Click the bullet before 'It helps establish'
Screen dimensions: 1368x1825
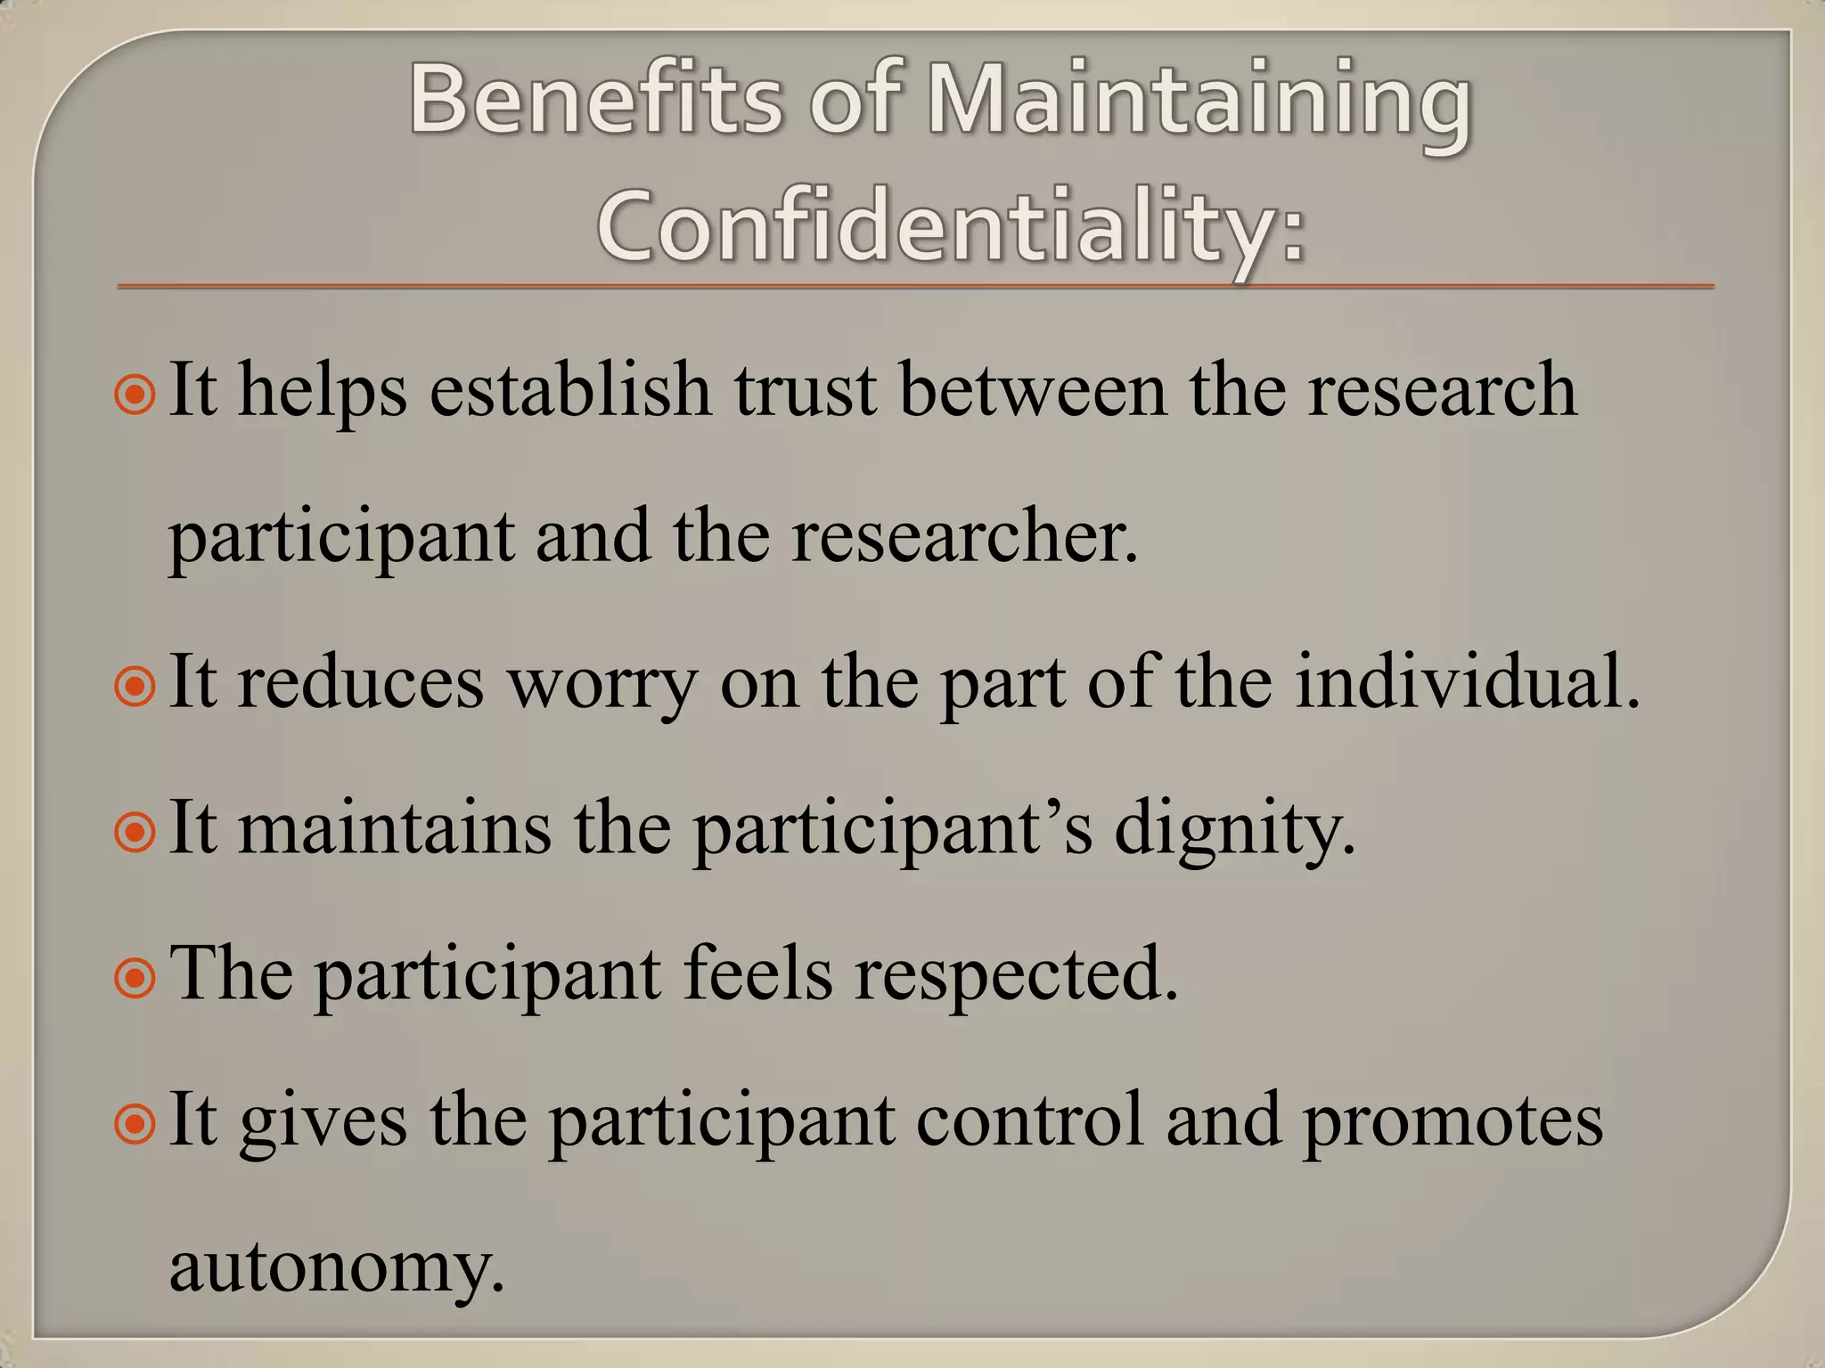(x=135, y=393)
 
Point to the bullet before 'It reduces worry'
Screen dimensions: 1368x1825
(x=135, y=685)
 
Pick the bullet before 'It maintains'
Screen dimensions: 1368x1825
(x=135, y=831)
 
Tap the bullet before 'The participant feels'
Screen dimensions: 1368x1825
(x=135, y=977)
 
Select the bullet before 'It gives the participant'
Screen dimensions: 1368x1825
(x=135, y=1123)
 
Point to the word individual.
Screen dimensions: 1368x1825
(x=1467, y=682)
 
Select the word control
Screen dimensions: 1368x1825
(x=1029, y=1120)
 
